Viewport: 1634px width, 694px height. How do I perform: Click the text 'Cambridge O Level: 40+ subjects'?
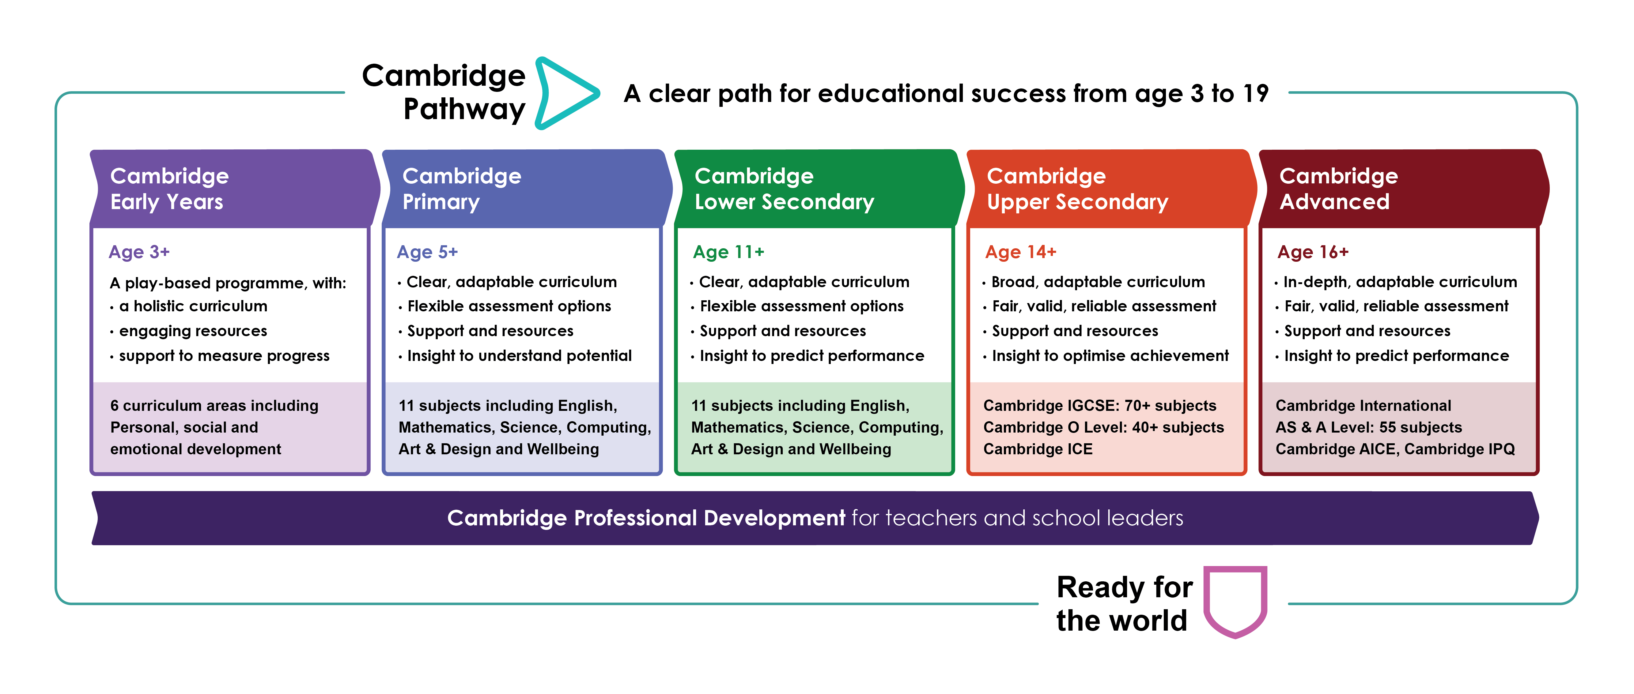pos(1104,427)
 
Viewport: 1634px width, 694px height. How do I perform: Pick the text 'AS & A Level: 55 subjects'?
pos(1369,427)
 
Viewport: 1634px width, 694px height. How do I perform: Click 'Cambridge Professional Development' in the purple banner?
pos(646,518)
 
